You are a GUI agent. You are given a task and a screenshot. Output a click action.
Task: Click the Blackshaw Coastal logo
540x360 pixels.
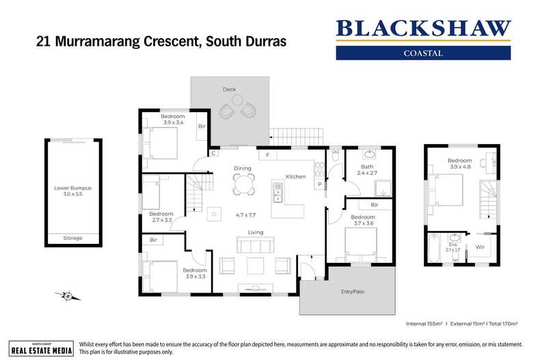423,38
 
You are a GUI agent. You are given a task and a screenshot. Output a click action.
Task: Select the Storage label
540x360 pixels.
72,238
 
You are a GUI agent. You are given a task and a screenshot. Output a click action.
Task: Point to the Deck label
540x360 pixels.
229,89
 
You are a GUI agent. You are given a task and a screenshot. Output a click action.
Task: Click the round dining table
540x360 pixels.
244,182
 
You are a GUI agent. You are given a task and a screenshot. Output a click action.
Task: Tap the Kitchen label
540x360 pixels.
295,177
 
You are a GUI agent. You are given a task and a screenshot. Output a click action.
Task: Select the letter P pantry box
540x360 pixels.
319,184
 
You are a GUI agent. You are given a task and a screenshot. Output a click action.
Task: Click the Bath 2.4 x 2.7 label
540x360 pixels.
367,170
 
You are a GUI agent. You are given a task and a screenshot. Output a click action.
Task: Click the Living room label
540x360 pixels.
256,232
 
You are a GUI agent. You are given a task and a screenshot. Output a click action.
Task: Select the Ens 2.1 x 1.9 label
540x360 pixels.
453,247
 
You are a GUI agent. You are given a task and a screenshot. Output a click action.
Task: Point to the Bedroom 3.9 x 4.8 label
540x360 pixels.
460,164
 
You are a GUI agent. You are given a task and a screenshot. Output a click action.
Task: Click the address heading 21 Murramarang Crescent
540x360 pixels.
161,41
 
